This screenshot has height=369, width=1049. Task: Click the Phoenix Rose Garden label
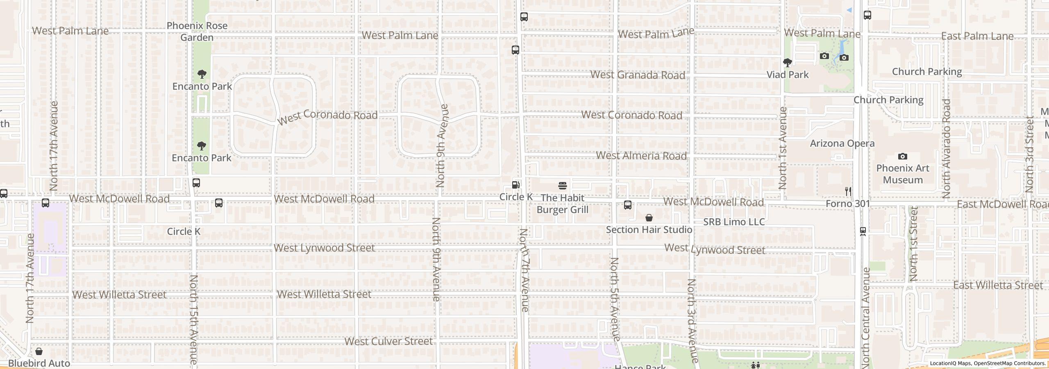click(x=197, y=32)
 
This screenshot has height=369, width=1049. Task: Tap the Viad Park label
click(x=788, y=75)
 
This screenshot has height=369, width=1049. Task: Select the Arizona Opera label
click(x=842, y=143)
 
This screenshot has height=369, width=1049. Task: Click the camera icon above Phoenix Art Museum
click(x=902, y=156)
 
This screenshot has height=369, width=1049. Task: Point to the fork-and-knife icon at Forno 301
click(x=848, y=191)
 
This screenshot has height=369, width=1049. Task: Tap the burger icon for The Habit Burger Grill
click(x=562, y=185)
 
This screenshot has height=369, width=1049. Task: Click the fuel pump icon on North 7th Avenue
click(x=516, y=185)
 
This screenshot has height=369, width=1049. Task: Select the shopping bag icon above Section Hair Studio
click(x=649, y=217)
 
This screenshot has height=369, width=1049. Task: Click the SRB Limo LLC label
click(x=734, y=222)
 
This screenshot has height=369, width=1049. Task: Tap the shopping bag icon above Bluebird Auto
click(x=39, y=351)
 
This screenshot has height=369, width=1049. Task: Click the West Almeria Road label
click(x=641, y=156)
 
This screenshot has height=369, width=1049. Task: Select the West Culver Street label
click(x=388, y=341)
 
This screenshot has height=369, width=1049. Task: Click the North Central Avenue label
click(x=865, y=318)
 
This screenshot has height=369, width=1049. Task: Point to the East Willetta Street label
click(x=998, y=285)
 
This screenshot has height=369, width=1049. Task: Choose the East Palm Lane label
click(x=977, y=36)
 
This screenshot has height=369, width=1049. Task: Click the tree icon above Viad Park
click(x=787, y=63)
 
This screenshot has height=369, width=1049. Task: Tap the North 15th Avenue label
click(x=193, y=319)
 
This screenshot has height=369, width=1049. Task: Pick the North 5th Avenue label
click(x=614, y=299)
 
